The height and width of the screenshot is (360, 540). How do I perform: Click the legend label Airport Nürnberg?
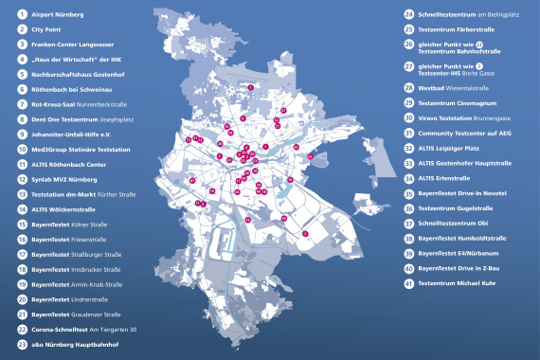pos(58,16)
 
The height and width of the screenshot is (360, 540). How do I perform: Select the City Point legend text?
pos(48,30)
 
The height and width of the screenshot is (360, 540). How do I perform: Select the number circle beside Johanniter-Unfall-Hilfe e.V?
pos(22,135)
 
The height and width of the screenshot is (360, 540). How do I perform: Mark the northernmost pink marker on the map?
pos(250,87)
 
